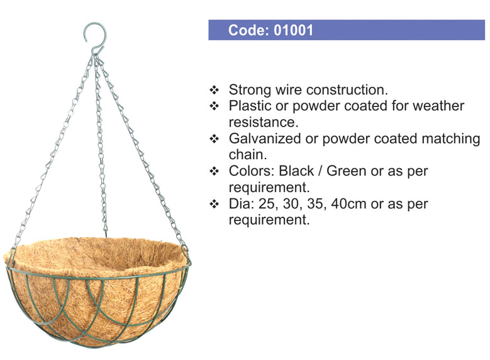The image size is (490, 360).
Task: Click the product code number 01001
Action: [x=294, y=30]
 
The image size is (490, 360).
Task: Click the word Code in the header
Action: [x=247, y=30]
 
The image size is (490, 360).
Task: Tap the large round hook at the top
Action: [x=95, y=32]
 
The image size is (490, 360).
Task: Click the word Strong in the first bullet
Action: [x=250, y=90]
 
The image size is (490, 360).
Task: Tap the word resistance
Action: [x=264, y=122]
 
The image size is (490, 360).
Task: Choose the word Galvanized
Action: [x=265, y=138]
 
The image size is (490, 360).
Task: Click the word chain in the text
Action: [x=248, y=155]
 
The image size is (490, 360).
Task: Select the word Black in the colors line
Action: [x=296, y=171]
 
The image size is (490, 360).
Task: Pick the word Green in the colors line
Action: [x=346, y=171]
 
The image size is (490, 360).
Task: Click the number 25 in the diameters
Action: [x=266, y=204]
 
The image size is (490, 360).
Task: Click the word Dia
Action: [x=242, y=204]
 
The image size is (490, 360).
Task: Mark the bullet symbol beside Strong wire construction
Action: [x=214, y=90]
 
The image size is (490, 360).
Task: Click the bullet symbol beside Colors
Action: [x=214, y=171]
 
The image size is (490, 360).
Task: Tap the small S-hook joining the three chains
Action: [x=97, y=52]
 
